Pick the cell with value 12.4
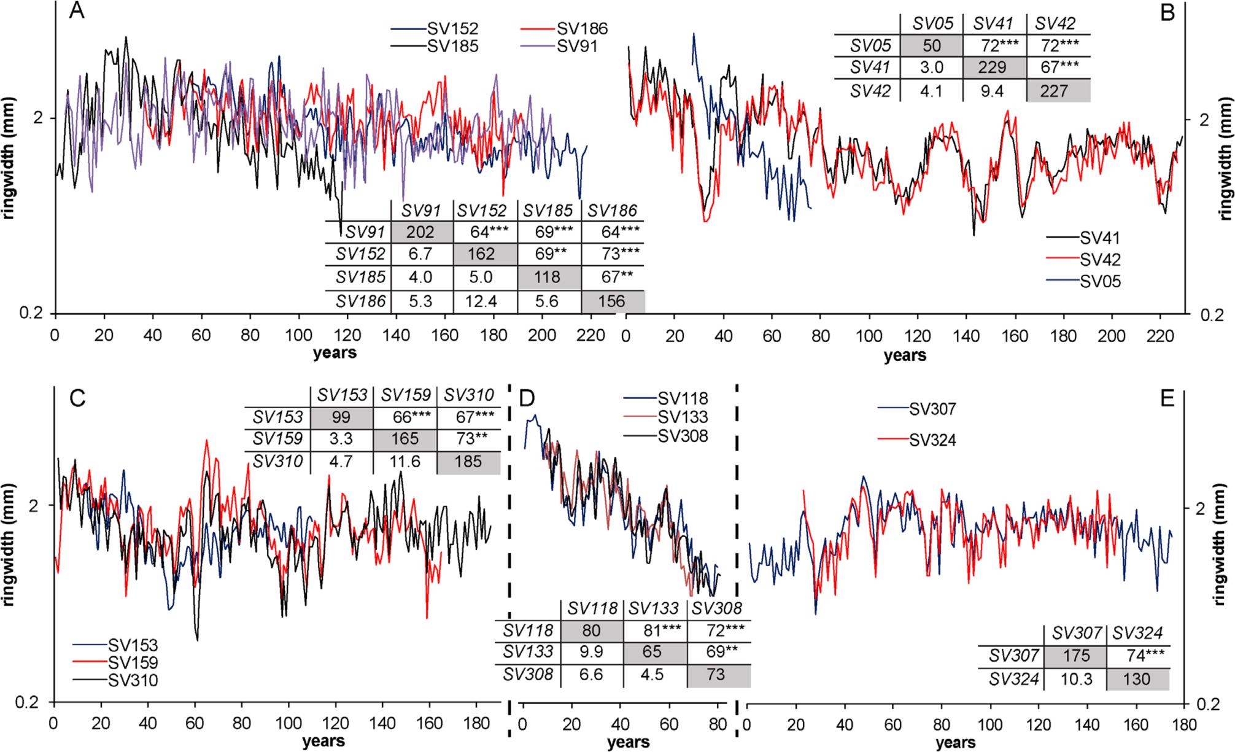coord(485,301)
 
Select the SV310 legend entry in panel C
coord(133,680)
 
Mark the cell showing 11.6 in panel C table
coord(405,460)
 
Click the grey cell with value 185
coord(468,460)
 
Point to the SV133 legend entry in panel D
coord(683,417)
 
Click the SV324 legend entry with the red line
coord(932,440)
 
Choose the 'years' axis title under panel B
coord(905,355)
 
